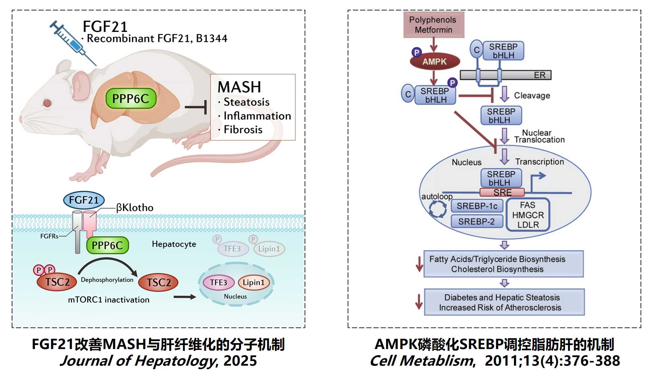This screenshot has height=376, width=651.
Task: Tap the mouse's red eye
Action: click(x=47, y=103)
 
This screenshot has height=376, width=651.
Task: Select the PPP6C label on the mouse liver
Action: click(x=131, y=98)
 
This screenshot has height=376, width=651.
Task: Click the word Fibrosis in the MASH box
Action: click(x=243, y=130)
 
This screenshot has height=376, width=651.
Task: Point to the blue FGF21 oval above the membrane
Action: click(x=84, y=200)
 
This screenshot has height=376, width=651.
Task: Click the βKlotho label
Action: click(x=135, y=208)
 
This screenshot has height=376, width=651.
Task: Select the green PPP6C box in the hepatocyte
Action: click(x=107, y=245)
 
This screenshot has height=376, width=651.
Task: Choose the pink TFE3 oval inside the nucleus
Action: click(x=219, y=282)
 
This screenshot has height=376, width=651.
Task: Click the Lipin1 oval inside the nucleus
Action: click(x=254, y=282)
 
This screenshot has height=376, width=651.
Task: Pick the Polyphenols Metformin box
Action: click(x=433, y=25)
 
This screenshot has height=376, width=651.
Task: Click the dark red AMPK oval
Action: click(x=435, y=62)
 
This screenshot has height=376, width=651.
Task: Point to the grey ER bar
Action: click(x=506, y=75)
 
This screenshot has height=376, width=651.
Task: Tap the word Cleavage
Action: click(x=532, y=95)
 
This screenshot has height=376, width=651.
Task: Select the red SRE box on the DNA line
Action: click(x=502, y=192)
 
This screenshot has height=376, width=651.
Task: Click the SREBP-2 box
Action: click(x=477, y=222)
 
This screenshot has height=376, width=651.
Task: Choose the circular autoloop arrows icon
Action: click(x=437, y=209)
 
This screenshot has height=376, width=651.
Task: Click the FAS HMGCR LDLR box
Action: click(x=528, y=215)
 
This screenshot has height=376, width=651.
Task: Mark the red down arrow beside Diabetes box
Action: click(x=419, y=302)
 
